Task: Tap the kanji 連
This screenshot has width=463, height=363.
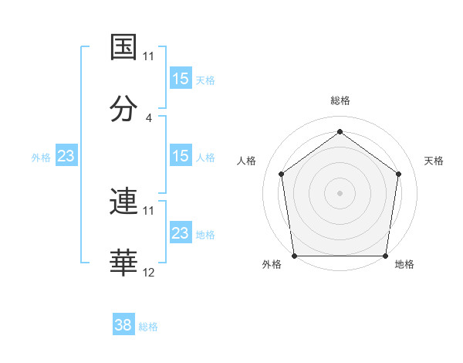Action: point(123,202)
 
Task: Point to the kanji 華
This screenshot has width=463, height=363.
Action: point(123,263)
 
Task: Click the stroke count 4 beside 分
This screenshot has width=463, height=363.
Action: point(149,118)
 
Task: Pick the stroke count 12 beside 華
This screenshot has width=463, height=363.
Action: point(149,273)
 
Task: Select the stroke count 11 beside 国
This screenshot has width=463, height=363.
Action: point(149,56)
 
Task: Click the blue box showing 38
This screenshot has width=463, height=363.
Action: point(123,325)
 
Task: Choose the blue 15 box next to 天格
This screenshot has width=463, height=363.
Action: point(181,79)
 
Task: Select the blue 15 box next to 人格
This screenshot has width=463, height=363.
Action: point(181,156)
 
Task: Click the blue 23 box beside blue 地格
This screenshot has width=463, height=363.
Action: point(181,233)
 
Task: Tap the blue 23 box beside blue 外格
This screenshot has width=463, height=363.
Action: point(66,156)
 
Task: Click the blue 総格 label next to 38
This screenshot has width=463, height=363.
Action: point(148,327)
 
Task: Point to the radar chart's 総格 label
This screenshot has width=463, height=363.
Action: point(340,100)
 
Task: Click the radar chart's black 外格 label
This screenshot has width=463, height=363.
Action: point(272,264)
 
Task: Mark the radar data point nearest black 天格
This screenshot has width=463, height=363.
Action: point(398,174)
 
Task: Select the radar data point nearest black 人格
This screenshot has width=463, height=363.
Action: point(281,174)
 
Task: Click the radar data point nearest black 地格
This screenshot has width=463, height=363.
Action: point(385,256)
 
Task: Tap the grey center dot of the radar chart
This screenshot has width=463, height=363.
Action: point(340,192)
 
